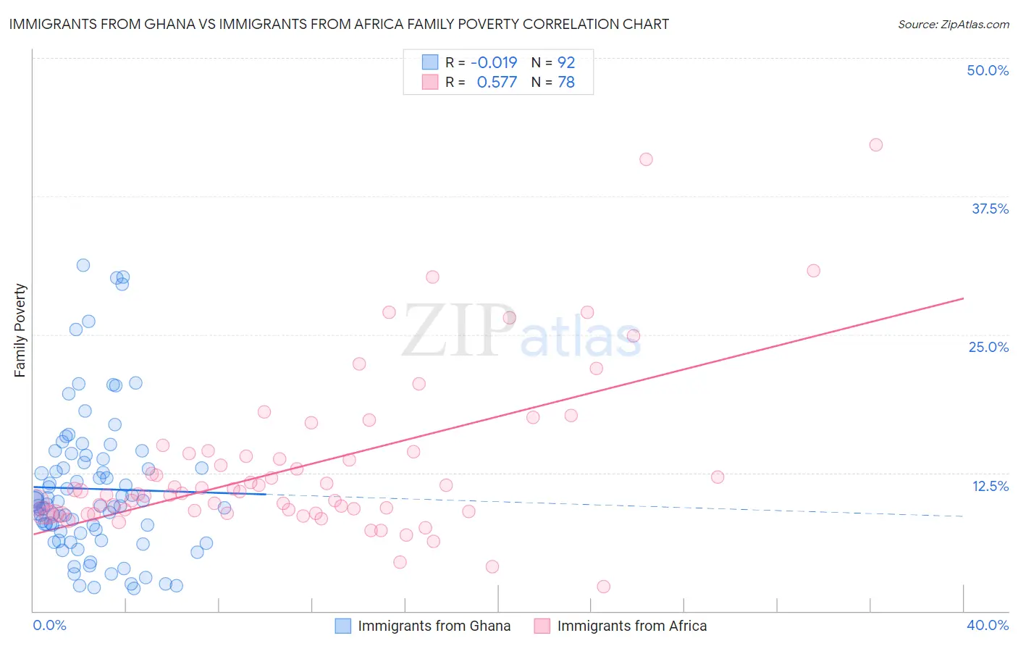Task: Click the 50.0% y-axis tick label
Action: coord(988,70)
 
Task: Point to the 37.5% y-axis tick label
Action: coord(990,209)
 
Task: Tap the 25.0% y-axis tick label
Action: coord(988,347)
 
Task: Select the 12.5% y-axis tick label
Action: coord(990,486)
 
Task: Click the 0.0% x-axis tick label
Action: coord(49,625)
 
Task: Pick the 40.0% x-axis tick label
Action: coord(987,625)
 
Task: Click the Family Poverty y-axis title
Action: coord(20,330)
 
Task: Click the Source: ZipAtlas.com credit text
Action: coord(953,24)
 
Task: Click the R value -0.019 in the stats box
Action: coord(494,63)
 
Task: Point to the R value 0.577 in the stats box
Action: coord(497,83)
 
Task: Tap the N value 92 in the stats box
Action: coord(566,63)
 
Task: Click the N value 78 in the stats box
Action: coord(566,83)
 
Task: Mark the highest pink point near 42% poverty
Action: coord(875,145)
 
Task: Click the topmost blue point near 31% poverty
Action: coord(83,265)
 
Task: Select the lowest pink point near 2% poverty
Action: coord(603,587)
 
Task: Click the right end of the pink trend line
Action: coord(963,298)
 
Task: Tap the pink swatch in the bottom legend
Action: coord(542,626)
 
